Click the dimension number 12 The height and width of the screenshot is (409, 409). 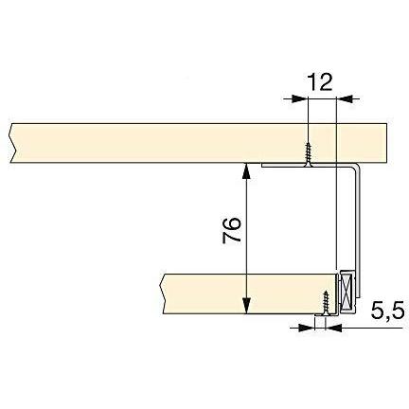tap(320, 82)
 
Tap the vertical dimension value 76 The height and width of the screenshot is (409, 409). tap(232, 230)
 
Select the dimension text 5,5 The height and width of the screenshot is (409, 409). tap(387, 311)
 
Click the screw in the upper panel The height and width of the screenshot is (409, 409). tap(307, 153)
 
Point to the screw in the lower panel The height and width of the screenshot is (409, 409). tap(326, 303)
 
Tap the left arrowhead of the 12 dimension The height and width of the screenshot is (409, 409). tap(299, 98)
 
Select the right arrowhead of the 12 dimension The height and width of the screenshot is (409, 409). tap(345, 98)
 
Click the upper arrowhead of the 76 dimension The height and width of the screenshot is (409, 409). tap(246, 170)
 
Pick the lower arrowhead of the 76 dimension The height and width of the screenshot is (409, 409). tap(246, 306)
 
